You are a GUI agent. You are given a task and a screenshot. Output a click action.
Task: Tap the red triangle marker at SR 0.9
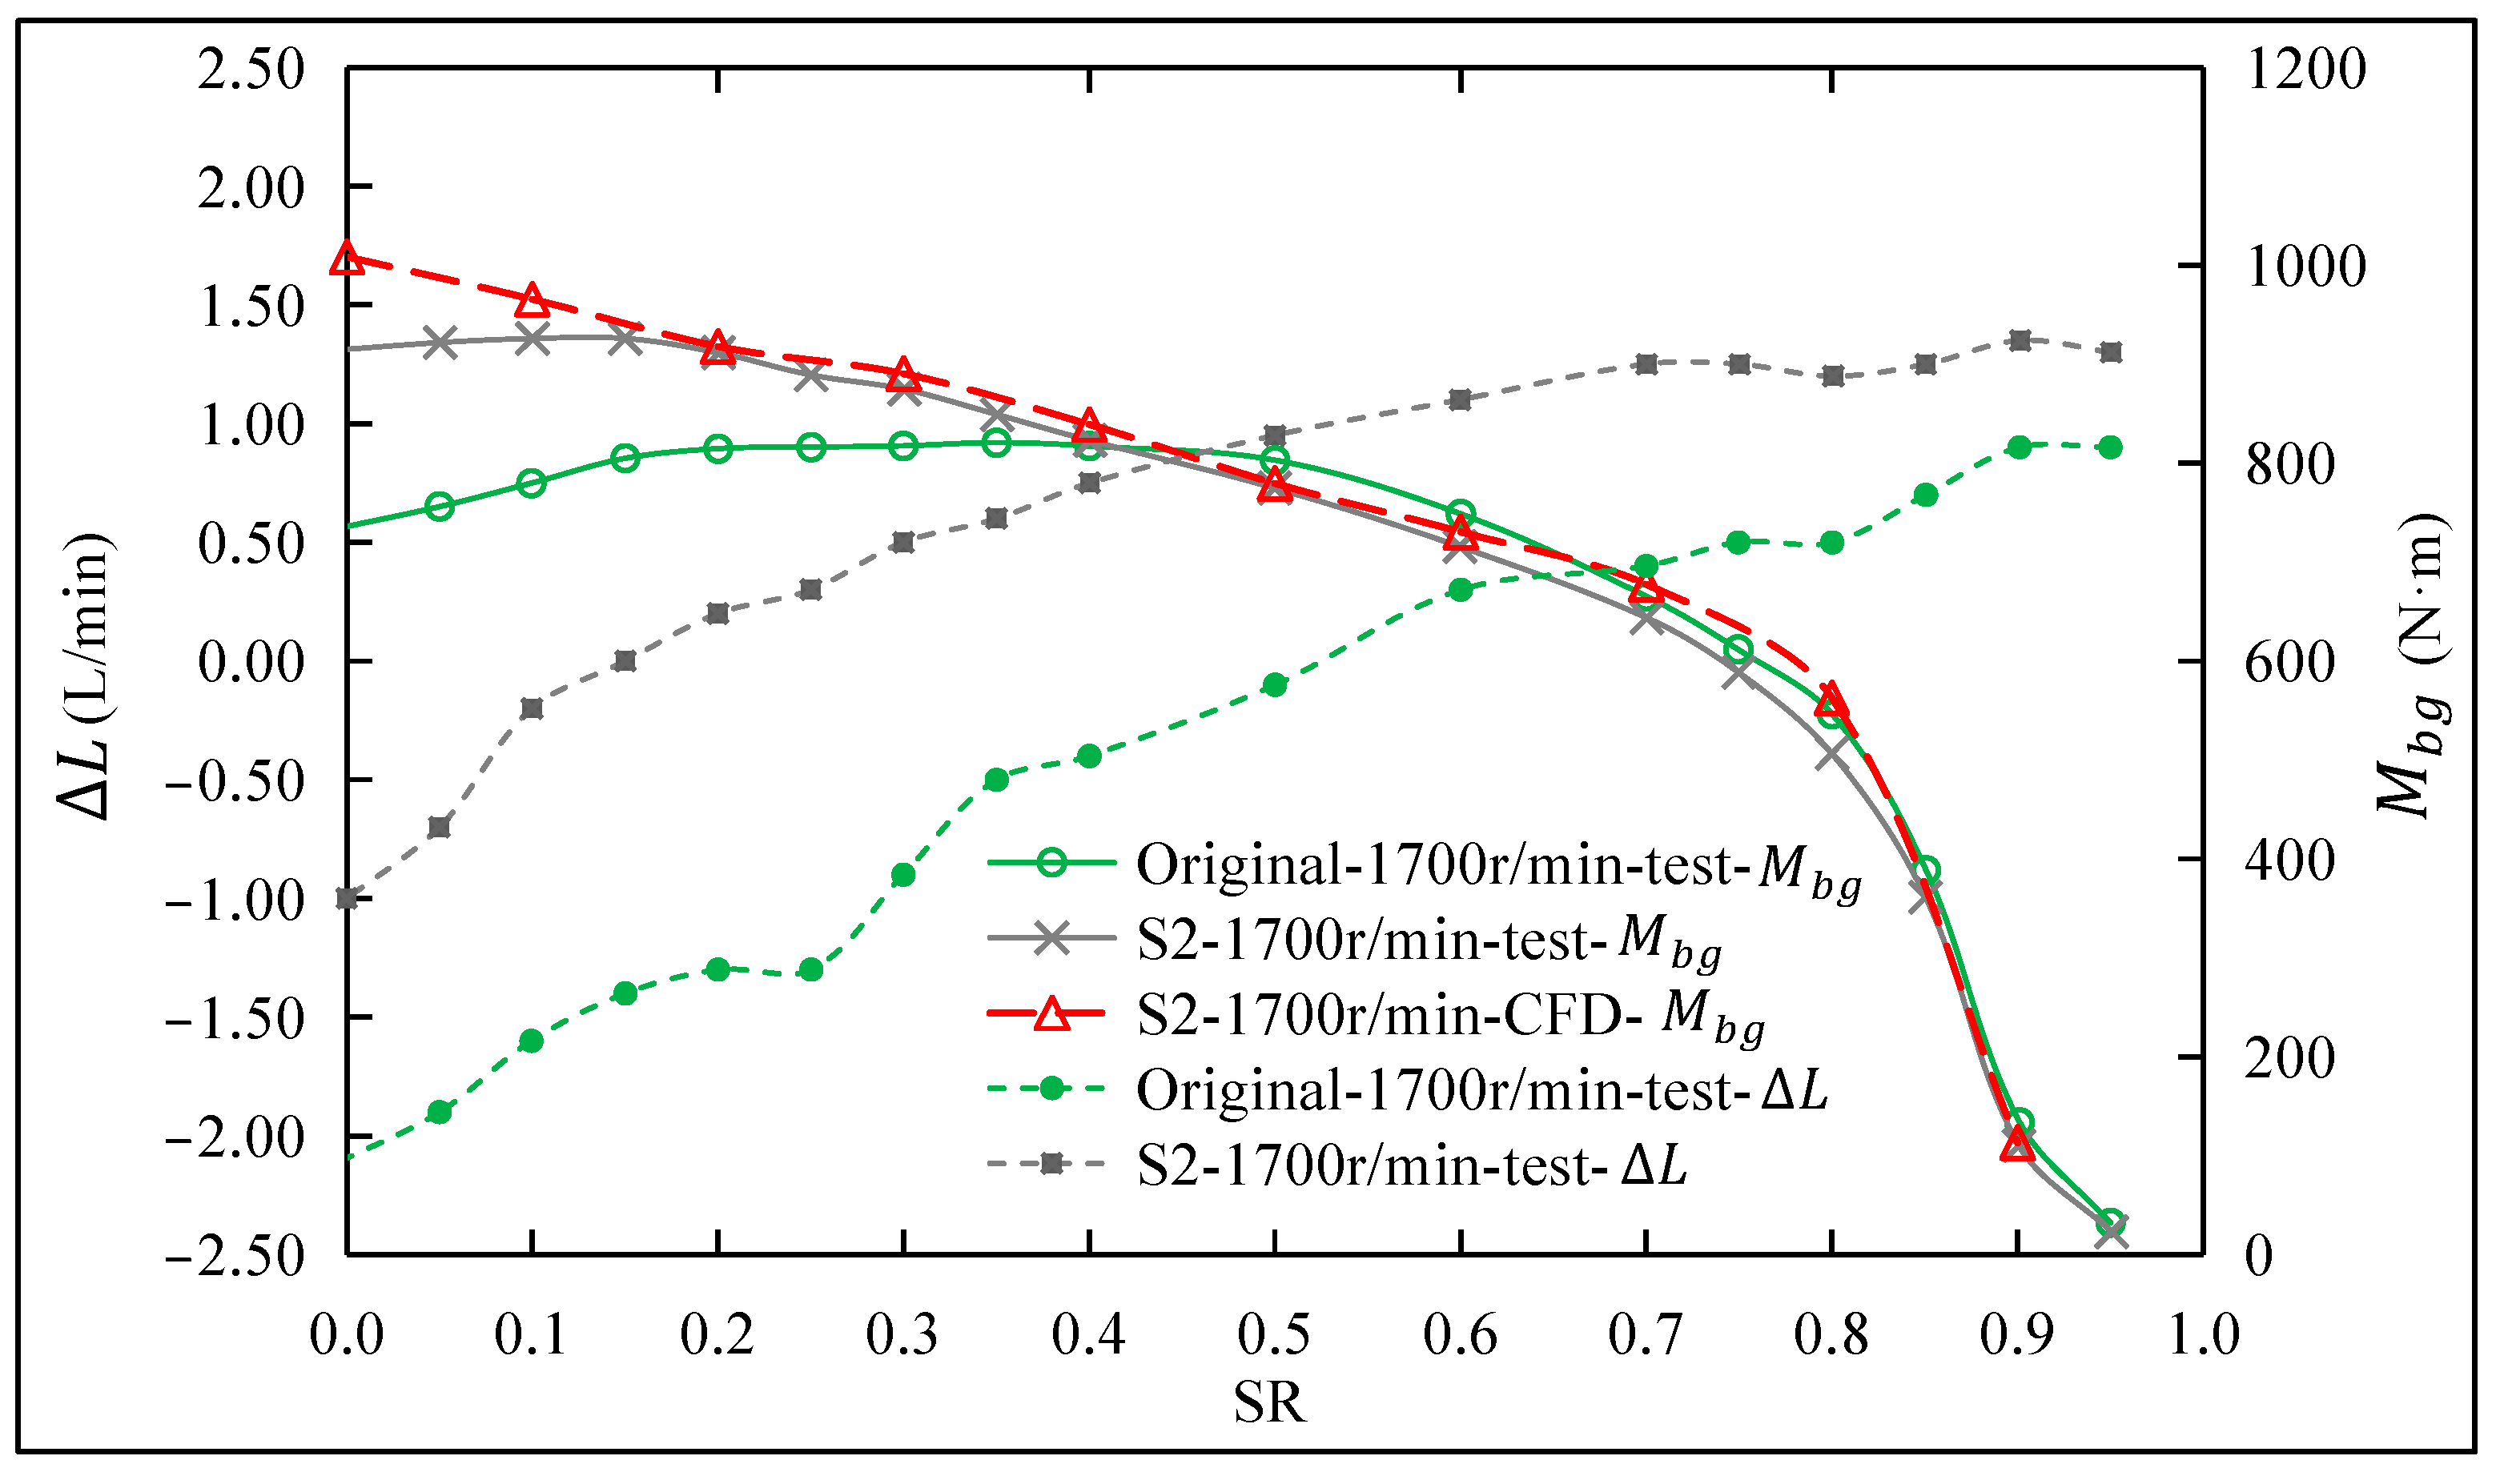click(2016, 1145)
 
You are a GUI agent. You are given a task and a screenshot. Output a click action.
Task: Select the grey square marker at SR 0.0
click(346, 898)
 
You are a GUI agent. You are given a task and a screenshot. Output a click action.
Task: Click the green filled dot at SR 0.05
click(439, 1112)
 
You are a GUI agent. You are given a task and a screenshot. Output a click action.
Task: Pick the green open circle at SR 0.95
click(2110, 1221)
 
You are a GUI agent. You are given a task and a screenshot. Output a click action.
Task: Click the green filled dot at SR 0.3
click(903, 875)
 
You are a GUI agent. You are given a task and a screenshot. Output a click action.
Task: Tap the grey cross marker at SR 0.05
click(439, 344)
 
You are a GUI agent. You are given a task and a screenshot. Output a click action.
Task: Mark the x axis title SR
click(1269, 1402)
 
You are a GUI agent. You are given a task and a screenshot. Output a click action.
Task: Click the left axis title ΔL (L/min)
click(87, 677)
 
